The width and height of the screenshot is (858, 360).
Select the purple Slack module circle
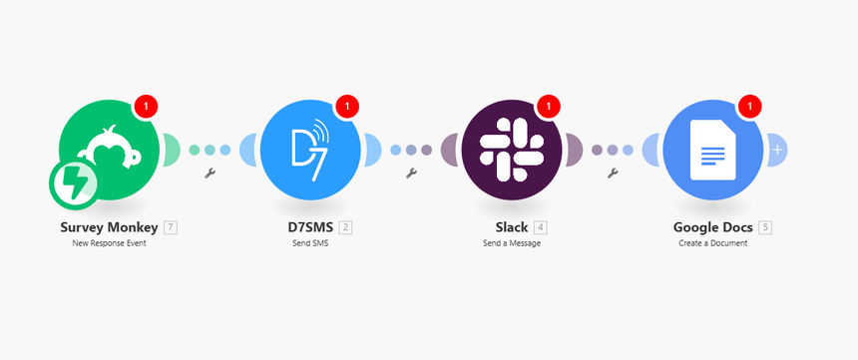[x=512, y=150]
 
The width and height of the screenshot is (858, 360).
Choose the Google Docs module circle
[x=712, y=150]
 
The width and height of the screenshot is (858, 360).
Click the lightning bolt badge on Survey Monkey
[x=74, y=186]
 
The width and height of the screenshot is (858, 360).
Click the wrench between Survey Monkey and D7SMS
[x=211, y=174]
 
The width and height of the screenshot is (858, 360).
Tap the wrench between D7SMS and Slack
[x=411, y=174]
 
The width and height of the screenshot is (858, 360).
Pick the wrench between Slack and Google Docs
[x=613, y=174]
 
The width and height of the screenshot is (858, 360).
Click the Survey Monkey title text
[x=109, y=227]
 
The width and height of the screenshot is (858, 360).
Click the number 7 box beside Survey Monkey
[x=172, y=227]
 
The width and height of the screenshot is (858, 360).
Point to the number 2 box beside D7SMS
[x=346, y=227]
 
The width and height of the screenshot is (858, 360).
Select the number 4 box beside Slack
[x=540, y=227]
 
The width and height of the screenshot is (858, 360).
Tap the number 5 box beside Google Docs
[x=765, y=227]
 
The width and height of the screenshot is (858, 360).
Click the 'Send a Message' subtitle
[x=512, y=243]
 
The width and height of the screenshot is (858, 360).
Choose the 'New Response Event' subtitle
[x=110, y=243]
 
